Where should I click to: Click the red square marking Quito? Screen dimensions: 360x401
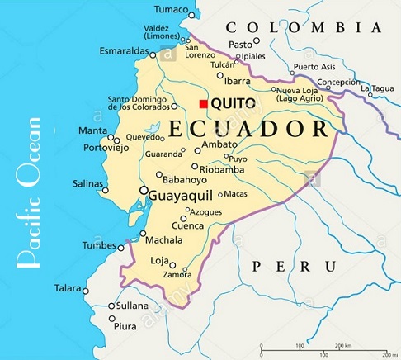[x=204, y=103]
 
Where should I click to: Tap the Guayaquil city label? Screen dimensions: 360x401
[x=181, y=193]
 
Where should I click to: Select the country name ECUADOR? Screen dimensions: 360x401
[x=248, y=129]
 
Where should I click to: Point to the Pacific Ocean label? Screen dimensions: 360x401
[x=28, y=193]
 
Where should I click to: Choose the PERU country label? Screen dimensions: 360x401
[x=294, y=265]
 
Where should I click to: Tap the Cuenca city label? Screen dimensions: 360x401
[x=187, y=225]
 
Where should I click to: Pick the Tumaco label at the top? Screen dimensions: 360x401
[x=172, y=9]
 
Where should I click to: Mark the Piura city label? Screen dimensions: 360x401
[x=125, y=326]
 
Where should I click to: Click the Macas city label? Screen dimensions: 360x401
[x=235, y=194]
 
